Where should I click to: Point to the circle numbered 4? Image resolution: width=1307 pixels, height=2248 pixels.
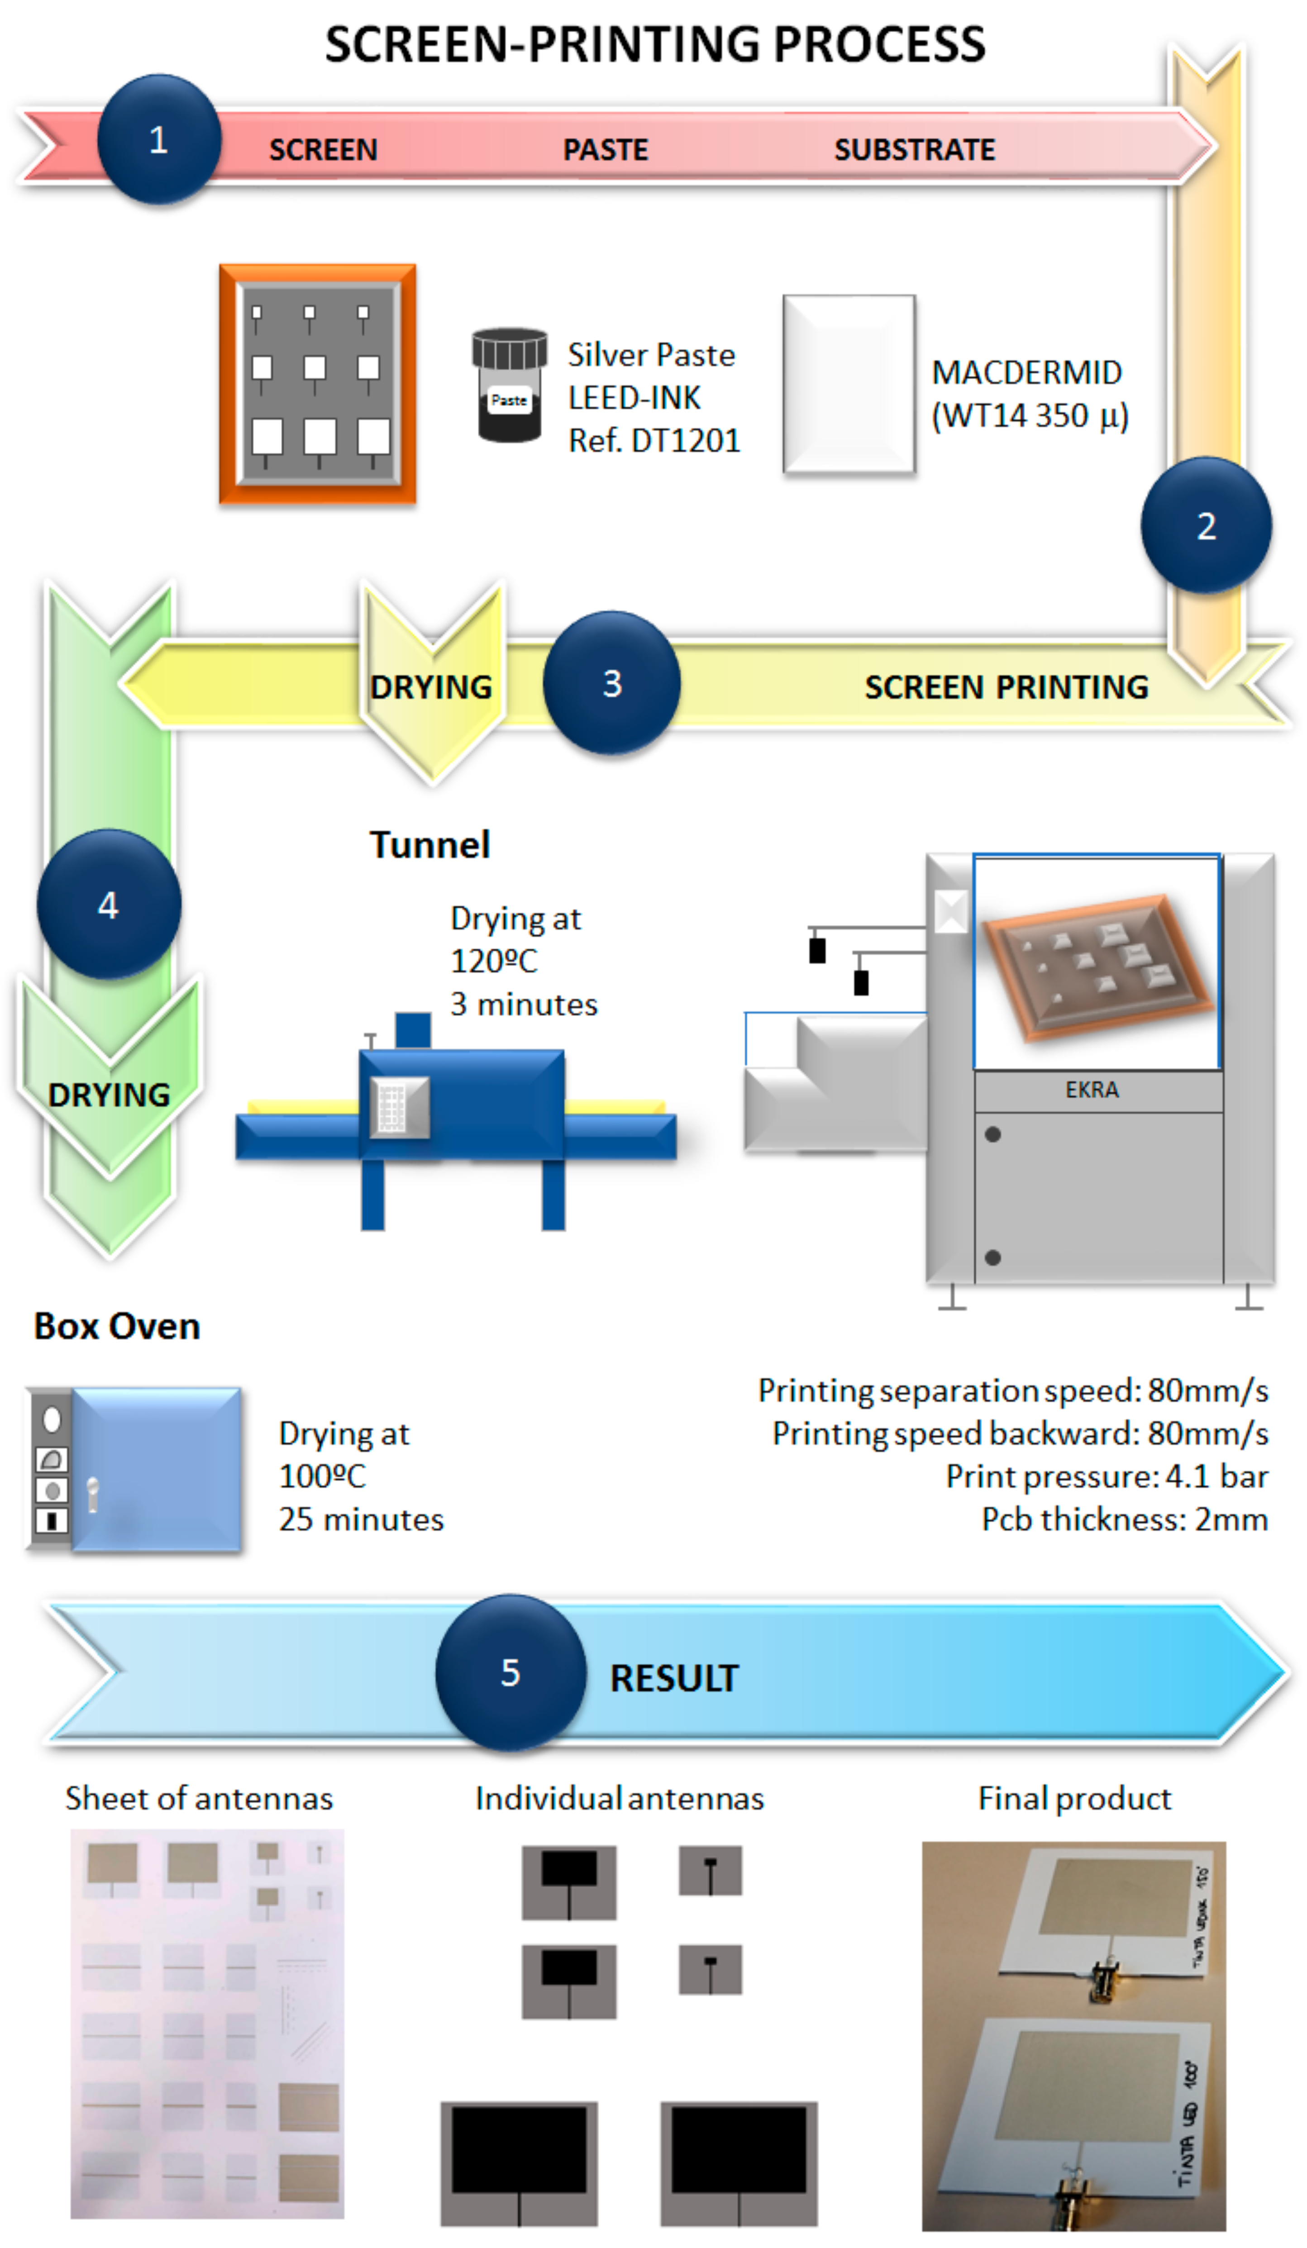(x=108, y=905)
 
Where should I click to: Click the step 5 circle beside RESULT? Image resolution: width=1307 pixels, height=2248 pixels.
(x=510, y=1672)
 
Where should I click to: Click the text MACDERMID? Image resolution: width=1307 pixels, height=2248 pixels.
(x=1026, y=372)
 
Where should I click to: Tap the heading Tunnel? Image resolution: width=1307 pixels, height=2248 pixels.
(x=430, y=844)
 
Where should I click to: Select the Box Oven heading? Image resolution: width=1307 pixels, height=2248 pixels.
(x=117, y=1326)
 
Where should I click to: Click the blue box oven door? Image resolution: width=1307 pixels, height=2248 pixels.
(x=156, y=1468)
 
